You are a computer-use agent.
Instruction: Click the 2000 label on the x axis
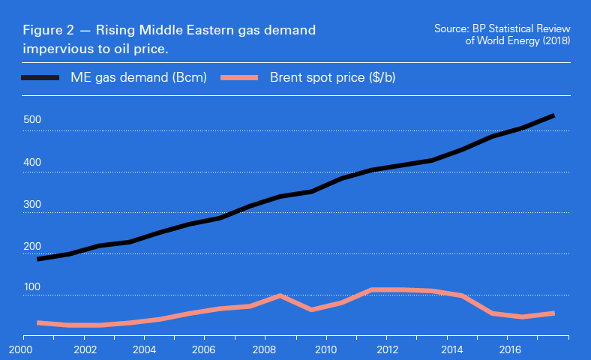pos(22,349)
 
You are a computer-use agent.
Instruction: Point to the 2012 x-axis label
pos(387,349)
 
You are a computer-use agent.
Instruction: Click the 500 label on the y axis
pos(32,120)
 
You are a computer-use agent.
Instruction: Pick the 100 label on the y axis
pos(32,288)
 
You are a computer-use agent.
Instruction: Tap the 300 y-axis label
pos(32,204)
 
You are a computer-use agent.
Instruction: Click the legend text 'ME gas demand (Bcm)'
pos(139,78)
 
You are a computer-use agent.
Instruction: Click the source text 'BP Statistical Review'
pos(521,28)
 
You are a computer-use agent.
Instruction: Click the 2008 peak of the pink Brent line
pos(279,295)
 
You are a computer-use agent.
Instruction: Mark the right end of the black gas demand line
pos(553,115)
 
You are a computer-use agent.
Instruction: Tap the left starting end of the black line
pos(38,259)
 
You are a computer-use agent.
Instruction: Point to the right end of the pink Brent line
pos(553,313)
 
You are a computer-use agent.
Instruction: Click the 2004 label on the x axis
pos(143,349)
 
